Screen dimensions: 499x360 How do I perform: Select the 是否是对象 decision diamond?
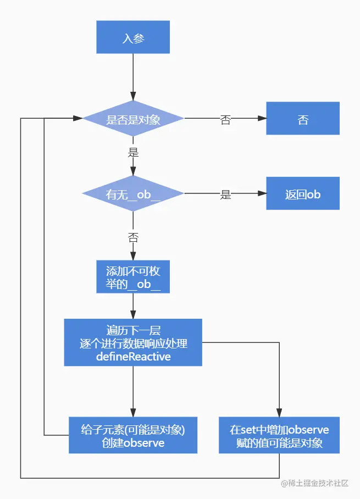pyautogui.click(x=133, y=119)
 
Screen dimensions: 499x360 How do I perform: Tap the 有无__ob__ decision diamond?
pyautogui.click(x=133, y=194)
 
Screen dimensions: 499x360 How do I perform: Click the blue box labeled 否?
pyautogui.click(x=303, y=119)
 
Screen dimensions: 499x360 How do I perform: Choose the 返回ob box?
pyautogui.click(x=303, y=194)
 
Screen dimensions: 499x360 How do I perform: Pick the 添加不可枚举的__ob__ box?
pyautogui.click(x=133, y=278)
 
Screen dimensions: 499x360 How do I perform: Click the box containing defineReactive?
pyautogui.click(x=133, y=343)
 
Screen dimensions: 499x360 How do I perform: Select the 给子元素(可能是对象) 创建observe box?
pyautogui.click(x=133, y=435)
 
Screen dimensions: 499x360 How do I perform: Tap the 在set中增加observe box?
pyautogui.click(x=279, y=435)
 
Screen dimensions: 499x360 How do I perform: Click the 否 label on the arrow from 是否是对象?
pyautogui.click(x=225, y=120)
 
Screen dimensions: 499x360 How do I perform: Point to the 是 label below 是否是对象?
pyautogui.click(x=133, y=152)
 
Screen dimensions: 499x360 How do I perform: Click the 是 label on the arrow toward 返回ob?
pyautogui.click(x=225, y=195)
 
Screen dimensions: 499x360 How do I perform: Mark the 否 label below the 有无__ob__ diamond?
pyautogui.click(x=133, y=237)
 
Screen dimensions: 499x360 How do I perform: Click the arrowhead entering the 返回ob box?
pyautogui.click(x=263, y=194)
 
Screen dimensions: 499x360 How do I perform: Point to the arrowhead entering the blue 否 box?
pyautogui.click(x=263, y=119)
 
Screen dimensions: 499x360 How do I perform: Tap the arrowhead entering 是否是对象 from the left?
pyautogui.click(x=78, y=119)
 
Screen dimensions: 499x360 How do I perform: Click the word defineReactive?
pyautogui.click(x=133, y=357)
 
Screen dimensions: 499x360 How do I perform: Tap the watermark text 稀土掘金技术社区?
pyautogui.click(x=319, y=484)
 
